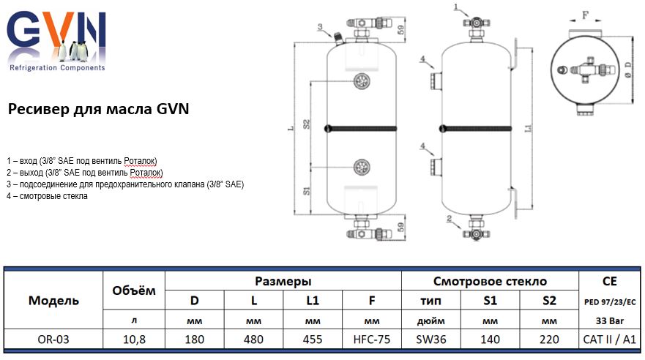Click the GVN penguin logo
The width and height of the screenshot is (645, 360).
(56, 40)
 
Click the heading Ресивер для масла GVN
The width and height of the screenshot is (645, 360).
(98, 110)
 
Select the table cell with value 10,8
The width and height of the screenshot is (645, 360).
(134, 339)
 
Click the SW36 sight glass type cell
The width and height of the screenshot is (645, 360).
(431, 339)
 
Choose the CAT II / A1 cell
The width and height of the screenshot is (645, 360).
(610, 339)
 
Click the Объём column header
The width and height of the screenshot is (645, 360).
(134, 290)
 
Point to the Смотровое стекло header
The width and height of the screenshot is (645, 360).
(490, 281)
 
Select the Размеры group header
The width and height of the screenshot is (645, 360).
(283, 281)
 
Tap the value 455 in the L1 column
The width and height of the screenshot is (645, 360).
(313, 339)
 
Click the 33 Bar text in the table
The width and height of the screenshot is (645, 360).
(610, 320)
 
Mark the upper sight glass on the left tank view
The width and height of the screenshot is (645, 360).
(359, 81)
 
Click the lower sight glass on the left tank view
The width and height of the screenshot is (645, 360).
(359, 168)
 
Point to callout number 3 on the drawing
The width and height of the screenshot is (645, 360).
(319, 27)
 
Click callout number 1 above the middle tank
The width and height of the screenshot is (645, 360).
(455, 7)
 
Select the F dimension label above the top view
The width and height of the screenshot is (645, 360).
(584, 13)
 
